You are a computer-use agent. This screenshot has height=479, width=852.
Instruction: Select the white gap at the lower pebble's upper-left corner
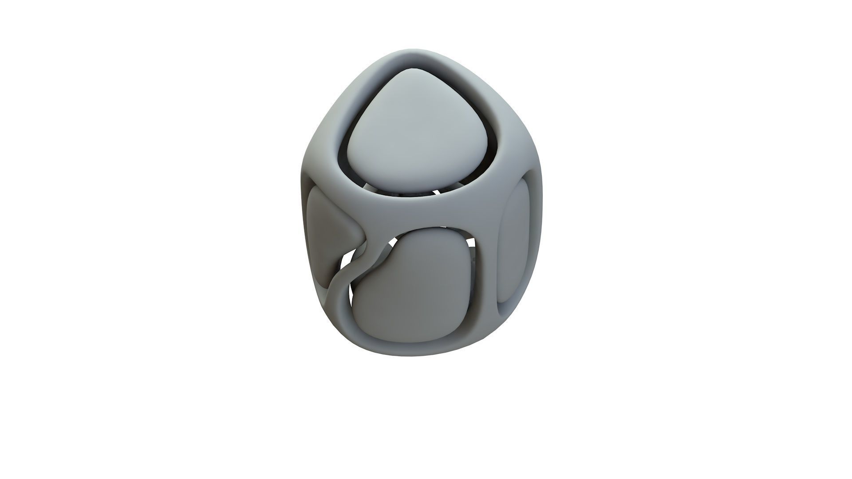click(x=393, y=243)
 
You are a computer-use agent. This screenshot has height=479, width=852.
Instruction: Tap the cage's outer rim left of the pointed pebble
click(x=304, y=222)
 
